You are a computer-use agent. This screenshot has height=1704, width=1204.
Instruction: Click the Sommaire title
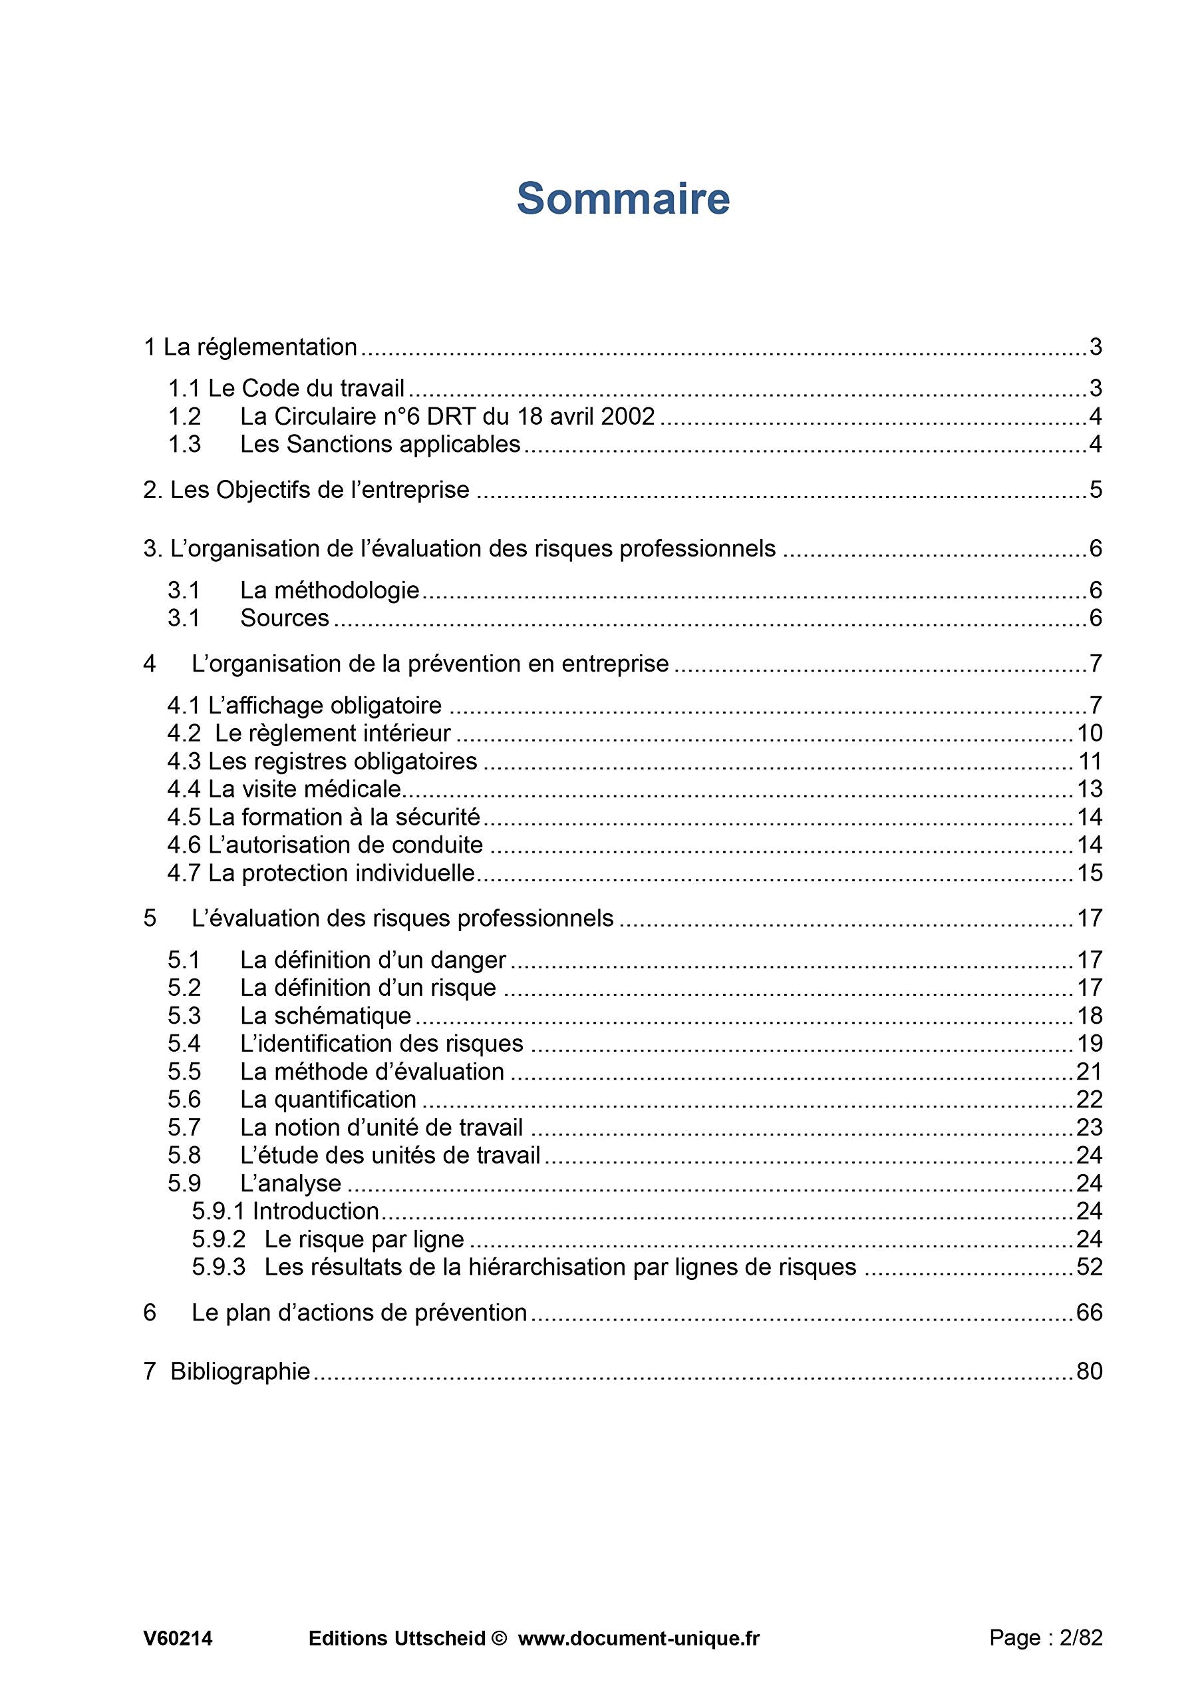tap(623, 199)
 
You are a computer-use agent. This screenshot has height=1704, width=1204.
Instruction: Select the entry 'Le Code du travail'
tap(305, 388)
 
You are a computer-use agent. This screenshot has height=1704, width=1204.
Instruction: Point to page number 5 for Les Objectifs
tap(1095, 490)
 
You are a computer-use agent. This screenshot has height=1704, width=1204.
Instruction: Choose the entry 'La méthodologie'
tap(329, 590)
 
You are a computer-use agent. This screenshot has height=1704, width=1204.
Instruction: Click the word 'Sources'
tap(284, 618)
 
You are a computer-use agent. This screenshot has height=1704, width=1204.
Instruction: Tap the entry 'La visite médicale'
tap(304, 789)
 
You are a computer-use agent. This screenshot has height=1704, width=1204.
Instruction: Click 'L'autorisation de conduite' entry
tap(345, 845)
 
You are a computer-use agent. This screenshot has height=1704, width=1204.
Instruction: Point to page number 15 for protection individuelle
tap(1089, 873)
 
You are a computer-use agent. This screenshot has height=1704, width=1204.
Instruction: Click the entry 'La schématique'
tap(325, 1016)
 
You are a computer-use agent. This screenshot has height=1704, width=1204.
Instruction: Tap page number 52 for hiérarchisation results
tap(1089, 1267)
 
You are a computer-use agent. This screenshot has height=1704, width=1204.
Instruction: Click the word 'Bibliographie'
tap(239, 1371)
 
